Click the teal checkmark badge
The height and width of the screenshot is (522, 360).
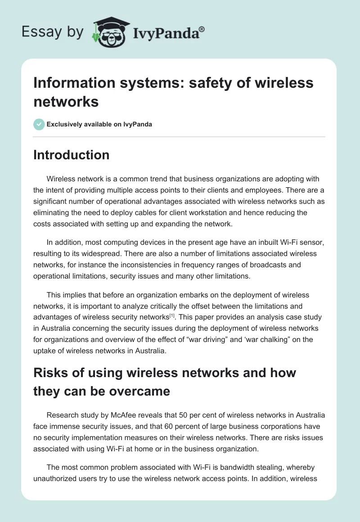39,124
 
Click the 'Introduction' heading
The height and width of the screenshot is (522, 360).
71,155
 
